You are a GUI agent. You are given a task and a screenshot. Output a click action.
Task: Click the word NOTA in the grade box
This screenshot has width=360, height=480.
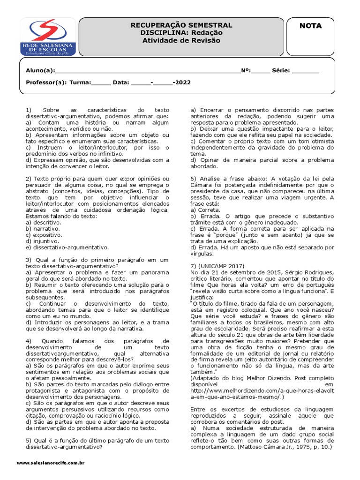[x=310, y=26]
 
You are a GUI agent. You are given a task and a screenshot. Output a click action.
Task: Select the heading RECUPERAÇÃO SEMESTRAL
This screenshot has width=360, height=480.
[x=181, y=25]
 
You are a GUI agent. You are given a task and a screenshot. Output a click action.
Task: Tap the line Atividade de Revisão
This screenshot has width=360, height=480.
[x=181, y=40]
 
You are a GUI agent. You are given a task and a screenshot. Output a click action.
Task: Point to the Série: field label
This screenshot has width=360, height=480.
[x=280, y=71]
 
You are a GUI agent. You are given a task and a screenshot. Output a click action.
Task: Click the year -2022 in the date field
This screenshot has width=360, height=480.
[x=182, y=82]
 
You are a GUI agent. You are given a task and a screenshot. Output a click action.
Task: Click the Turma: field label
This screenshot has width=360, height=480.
[x=80, y=82]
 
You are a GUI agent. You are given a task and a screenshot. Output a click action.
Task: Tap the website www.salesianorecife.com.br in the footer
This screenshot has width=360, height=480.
[x=50, y=463]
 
